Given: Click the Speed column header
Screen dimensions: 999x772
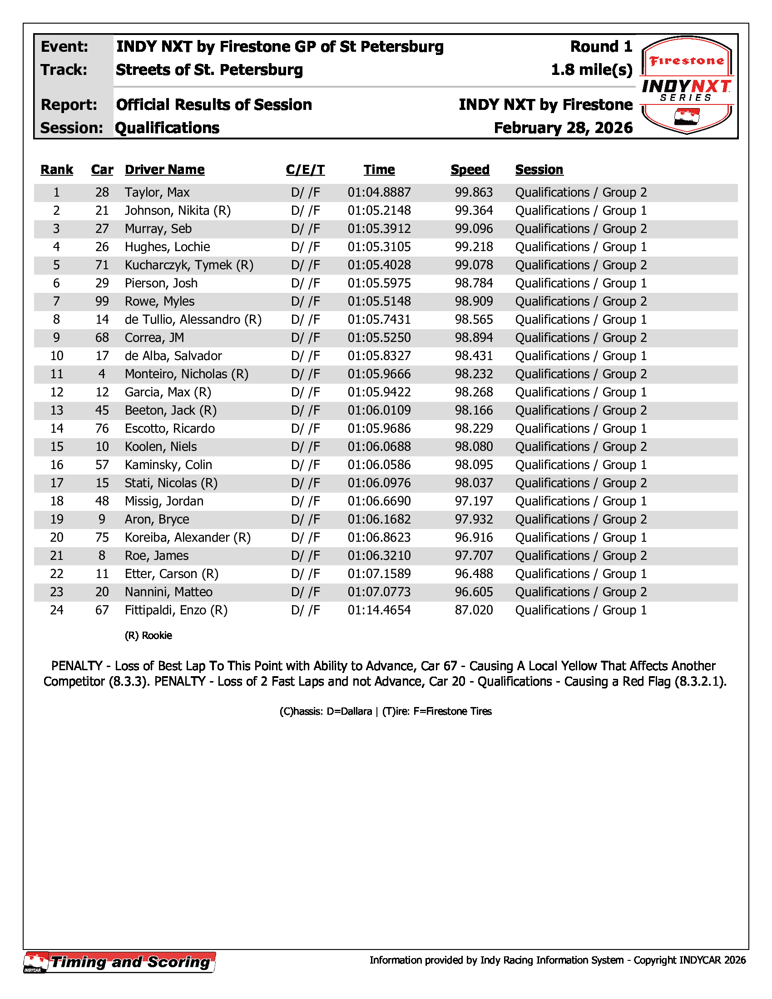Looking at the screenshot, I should click(x=470, y=170).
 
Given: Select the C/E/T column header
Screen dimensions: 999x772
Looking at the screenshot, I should click(x=305, y=170).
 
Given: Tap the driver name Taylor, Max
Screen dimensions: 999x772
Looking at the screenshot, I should click(x=157, y=193).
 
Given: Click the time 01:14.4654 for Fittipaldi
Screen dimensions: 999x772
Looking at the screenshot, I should click(x=379, y=610).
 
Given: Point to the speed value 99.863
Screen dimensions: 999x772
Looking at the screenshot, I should click(x=474, y=193).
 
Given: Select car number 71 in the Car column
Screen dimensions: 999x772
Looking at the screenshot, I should click(x=102, y=265).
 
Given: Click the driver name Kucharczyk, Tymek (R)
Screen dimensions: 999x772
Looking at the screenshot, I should click(x=189, y=265).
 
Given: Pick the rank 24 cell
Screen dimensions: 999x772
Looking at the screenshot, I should click(x=57, y=610).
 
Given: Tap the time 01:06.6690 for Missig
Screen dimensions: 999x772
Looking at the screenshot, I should click(x=379, y=501).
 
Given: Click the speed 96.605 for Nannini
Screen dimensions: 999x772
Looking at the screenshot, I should click(x=474, y=592).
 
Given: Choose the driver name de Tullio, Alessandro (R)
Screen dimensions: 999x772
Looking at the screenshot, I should click(x=193, y=320).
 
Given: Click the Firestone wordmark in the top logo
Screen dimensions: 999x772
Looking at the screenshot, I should click(x=687, y=61).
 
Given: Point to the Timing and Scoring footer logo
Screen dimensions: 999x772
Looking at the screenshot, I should click(x=120, y=962).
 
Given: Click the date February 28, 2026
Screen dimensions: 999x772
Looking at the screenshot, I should click(x=563, y=128).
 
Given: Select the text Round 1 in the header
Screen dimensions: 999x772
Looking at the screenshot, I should click(x=601, y=47).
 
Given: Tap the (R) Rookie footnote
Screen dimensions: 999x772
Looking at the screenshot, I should click(x=148, y=635).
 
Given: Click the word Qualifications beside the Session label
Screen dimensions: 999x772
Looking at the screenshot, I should click(x=167, y=128).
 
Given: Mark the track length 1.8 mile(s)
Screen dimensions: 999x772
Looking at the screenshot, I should click(x=591, y=70).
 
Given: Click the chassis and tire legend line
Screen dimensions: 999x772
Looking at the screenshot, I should click(x=386, y=711).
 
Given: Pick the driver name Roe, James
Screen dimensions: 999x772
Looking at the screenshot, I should click(x=156, y=556).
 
